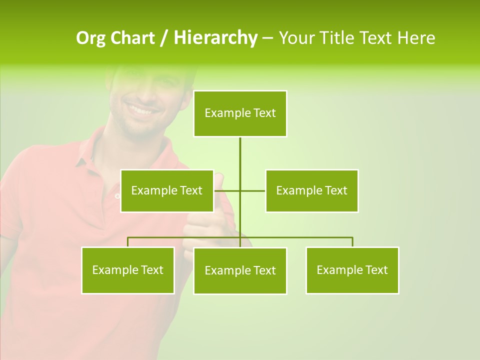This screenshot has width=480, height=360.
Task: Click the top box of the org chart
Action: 240,113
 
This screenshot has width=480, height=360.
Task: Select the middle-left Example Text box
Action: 167,190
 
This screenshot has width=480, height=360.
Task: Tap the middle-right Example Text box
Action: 311,190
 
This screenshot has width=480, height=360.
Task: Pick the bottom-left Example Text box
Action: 128,270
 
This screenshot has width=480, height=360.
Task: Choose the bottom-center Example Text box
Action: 240,270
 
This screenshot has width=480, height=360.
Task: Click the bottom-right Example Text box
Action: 352,270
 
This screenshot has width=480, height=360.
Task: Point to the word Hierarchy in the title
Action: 215,38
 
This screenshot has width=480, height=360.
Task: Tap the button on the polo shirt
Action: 117,196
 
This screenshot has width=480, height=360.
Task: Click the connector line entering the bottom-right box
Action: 352,242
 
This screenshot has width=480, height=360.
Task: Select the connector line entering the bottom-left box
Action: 128,242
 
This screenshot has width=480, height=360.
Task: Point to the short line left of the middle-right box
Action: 253,190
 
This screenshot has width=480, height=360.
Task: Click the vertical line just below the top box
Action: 240,150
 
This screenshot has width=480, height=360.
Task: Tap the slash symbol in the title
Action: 164,38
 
